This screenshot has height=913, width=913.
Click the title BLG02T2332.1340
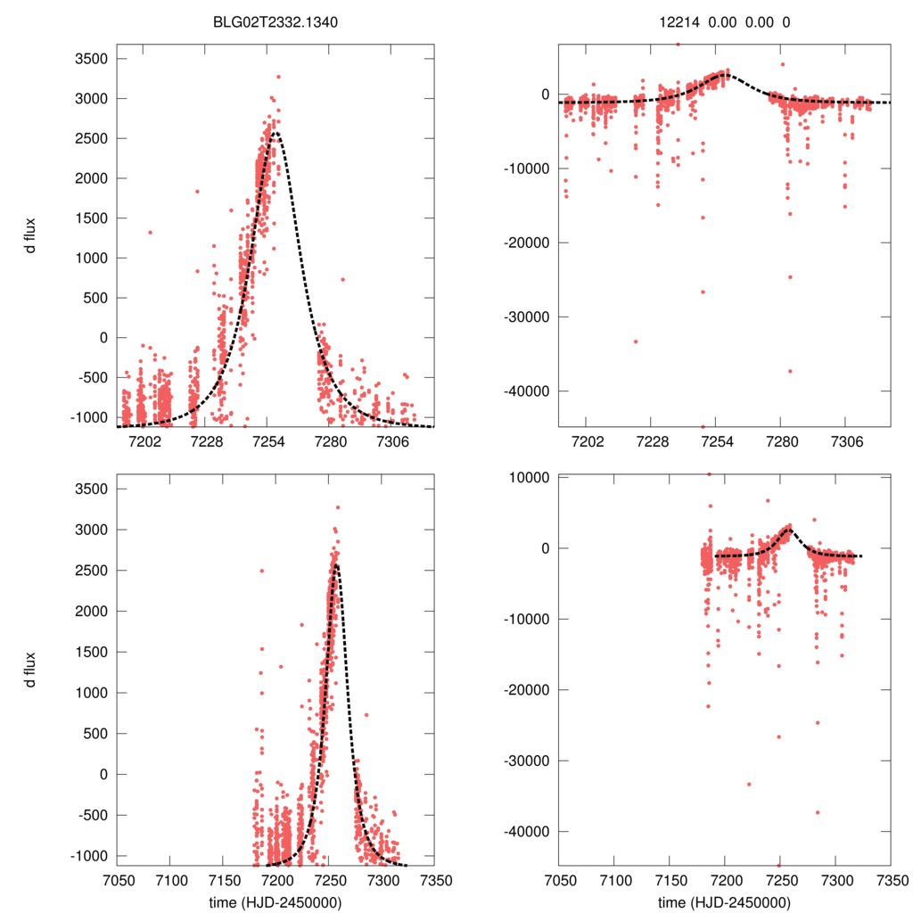click(276, 23)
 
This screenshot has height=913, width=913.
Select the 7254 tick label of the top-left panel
click(268, 441)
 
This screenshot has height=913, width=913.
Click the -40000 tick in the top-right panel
click(527, 391)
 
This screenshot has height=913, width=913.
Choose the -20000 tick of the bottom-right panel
click(527, 689)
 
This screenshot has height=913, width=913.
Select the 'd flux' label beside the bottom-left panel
click(30, 669)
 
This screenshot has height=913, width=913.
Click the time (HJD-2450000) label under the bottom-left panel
click(276, 901)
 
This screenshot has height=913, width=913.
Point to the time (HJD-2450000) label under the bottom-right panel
click(724, 901)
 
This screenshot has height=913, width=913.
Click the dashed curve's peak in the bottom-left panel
click(335, 563)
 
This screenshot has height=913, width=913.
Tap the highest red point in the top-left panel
click(278, 77)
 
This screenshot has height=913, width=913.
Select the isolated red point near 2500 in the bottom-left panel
click(261, 571)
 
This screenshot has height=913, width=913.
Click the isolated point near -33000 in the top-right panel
click(636, 341)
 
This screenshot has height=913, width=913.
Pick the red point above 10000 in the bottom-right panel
click(709, 474)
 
